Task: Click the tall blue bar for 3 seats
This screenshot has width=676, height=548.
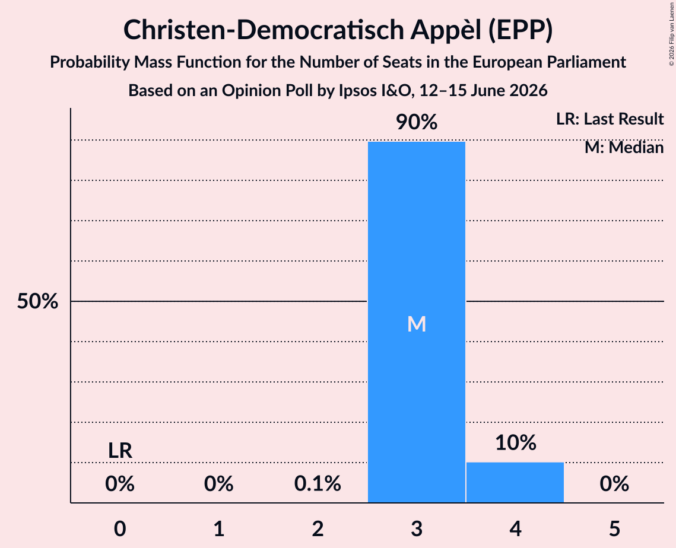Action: point(417,322)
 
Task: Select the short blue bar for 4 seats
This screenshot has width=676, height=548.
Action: point(515,482)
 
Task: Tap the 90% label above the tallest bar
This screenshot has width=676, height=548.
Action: point(417,122)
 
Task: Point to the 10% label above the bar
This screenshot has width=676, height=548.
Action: point(516,442)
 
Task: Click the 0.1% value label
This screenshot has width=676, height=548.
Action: point(318,483)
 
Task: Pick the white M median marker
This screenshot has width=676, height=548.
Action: point(417,324)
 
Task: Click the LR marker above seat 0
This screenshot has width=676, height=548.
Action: point(120,451)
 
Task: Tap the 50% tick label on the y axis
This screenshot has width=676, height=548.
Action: point(37,301)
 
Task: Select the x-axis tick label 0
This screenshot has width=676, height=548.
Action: point(120,528)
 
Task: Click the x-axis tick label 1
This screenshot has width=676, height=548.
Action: point(219,528)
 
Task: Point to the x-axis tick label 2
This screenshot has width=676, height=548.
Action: point(318,528)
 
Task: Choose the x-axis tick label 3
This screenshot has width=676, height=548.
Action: point(417,528)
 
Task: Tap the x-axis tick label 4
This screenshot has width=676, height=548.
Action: point(516,528)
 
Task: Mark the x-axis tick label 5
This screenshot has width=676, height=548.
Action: point(614,528)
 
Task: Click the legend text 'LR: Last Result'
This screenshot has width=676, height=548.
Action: point(610,119)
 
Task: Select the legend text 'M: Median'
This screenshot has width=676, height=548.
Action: point(624,148)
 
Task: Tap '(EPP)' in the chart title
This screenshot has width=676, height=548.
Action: point(521,30)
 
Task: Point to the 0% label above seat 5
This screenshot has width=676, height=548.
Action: point(614,483)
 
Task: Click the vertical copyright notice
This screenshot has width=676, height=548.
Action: point(672,34)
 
